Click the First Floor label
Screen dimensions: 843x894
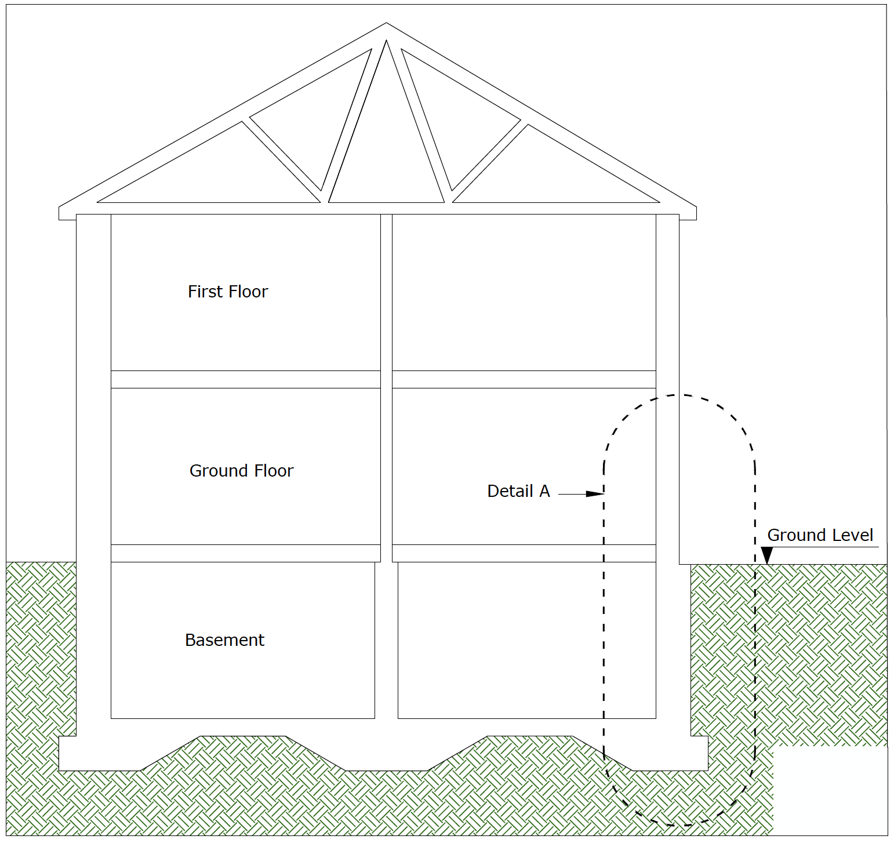(x=228, y=292)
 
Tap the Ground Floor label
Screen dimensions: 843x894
(x=241, y=471)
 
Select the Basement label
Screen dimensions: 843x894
(x=224, y=640)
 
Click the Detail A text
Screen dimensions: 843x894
(x=518, y=491)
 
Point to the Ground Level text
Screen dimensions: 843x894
(x=820, y=535)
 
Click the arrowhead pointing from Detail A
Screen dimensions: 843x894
(x=595, y=494)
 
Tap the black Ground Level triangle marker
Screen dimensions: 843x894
(x=766, y=555)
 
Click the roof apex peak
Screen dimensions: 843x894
(x=386, y=24)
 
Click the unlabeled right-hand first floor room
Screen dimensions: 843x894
(x=524, y=292)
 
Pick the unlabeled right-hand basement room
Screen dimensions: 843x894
(x=526, y=640)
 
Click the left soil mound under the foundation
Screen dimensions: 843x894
(x=243, y=754)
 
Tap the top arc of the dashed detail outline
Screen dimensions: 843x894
(x=678, y=395)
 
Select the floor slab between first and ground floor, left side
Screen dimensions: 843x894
(x=245, y=379)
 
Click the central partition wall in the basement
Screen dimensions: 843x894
(x=386, y=640)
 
